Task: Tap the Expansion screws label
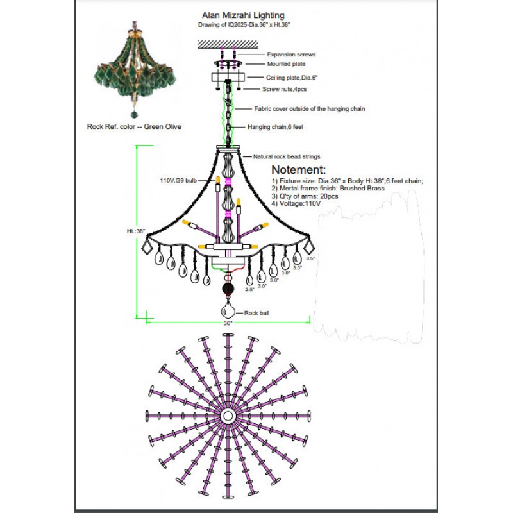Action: click(291, 55)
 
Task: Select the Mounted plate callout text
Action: click(286, 64)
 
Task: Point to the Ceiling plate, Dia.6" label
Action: click(292, 77)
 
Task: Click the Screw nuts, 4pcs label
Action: click(284, 89)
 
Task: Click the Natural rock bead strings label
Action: click(287, 156)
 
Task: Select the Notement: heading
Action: click(298, 171)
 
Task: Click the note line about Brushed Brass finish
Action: click(328, 189)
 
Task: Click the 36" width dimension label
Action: click(228, 324)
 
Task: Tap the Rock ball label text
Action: click(251, 314)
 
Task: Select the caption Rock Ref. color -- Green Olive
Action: click(134, 127)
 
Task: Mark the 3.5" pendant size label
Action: click(310, 258)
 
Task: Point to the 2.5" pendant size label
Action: click(249, 290)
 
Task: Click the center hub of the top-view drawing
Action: click(228, 416)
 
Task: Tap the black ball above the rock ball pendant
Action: click(228, 290)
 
